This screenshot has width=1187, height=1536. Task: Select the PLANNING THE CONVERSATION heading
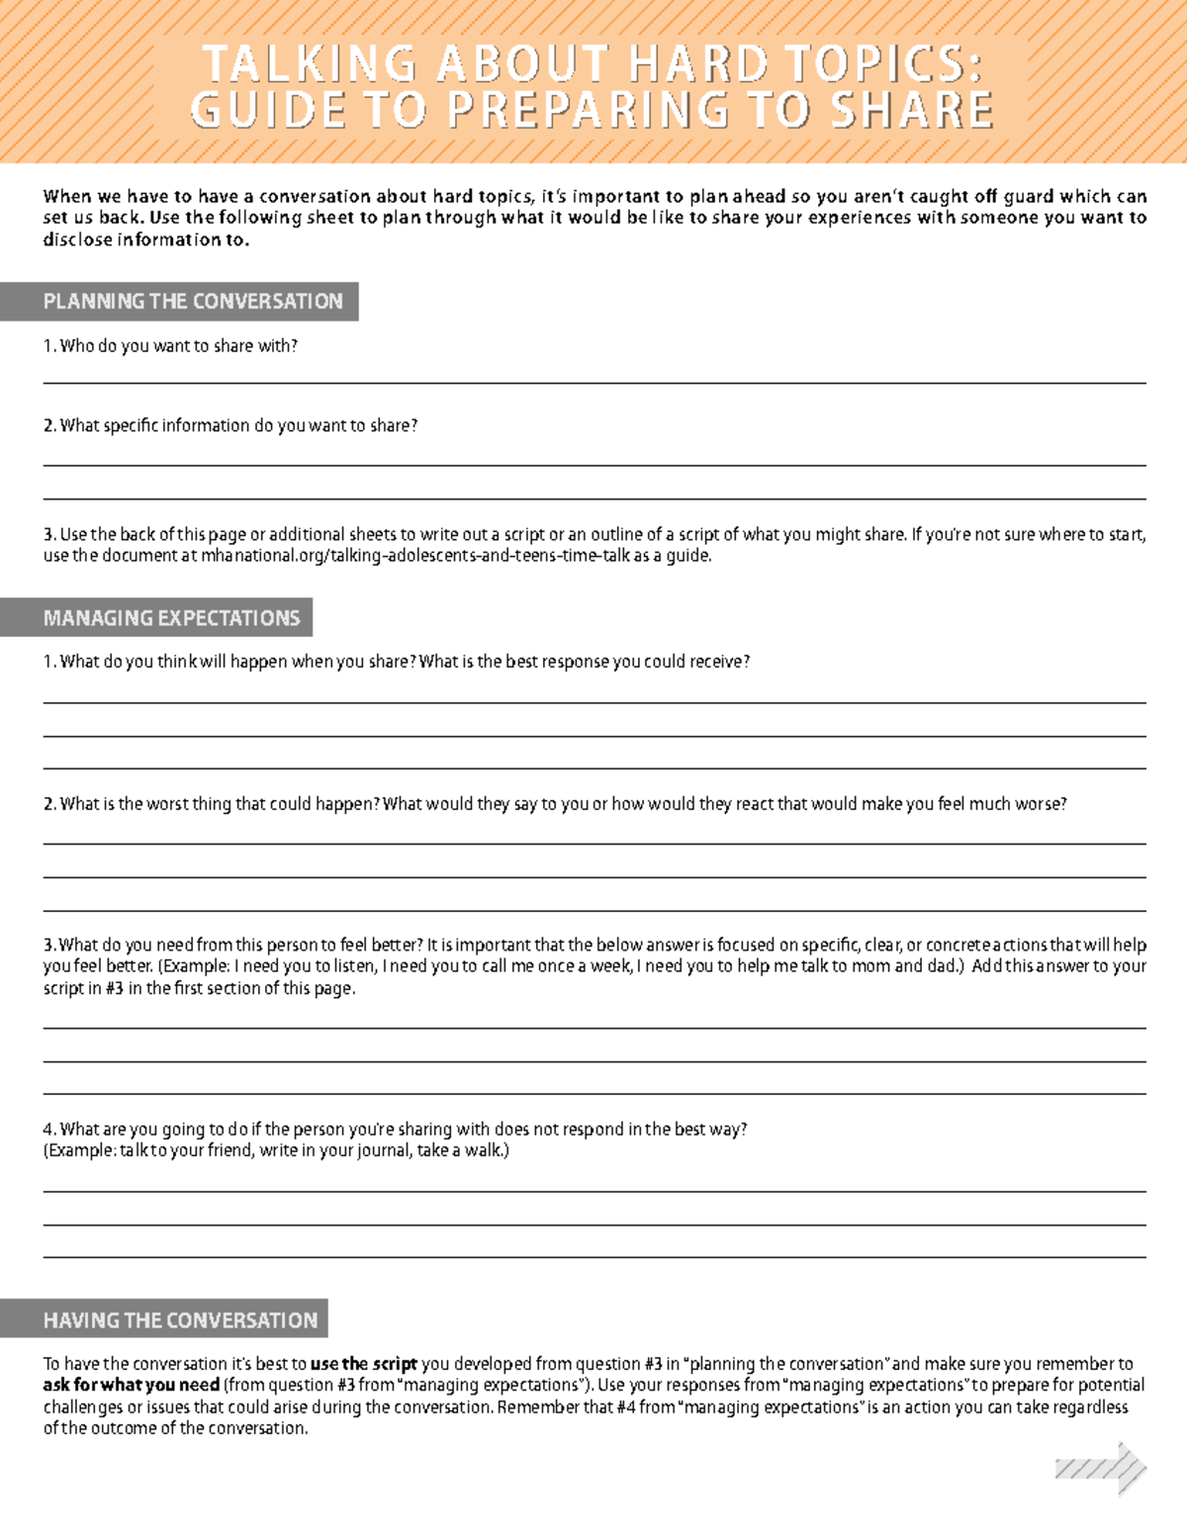click(192, 302)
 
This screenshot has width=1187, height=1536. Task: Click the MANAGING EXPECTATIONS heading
click(171, 618)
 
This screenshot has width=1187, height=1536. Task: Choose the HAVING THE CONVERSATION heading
click(180, 1320)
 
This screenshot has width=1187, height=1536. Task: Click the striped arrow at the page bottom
click(1101, 1469)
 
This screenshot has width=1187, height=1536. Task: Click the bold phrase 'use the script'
click(363, 1364)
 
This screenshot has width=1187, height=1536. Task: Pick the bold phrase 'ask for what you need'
click(131, 1385)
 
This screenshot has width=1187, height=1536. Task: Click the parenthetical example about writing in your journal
click(276, 1151)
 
